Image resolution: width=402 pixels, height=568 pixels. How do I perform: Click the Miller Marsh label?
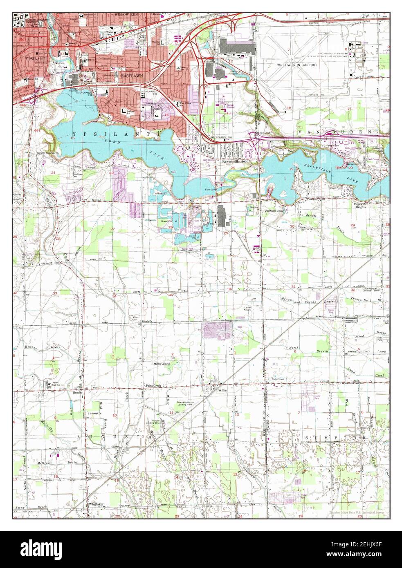162,363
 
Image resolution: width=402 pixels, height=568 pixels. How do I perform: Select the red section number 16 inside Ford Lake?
72,139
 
